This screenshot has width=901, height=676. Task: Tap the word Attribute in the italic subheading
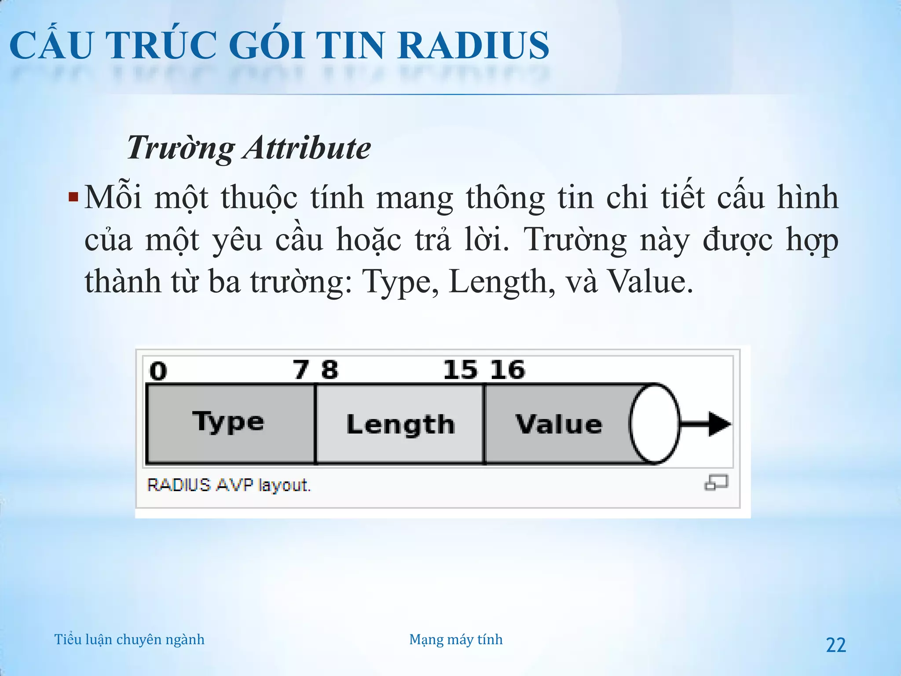pos(307,148)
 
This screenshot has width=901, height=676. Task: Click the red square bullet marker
pos(73,196)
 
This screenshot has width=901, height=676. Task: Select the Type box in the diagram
pos(230,423)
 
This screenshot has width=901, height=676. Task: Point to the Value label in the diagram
pos(559,424)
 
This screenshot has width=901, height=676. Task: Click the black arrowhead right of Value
pos(718,424)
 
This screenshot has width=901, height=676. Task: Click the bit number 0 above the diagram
pos(158,371)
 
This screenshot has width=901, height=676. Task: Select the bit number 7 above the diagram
pos(301,370)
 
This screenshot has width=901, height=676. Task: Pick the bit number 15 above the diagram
pos(460,370)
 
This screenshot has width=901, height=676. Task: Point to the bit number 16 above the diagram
pos(507,370)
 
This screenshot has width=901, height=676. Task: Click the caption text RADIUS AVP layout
pos(229,485)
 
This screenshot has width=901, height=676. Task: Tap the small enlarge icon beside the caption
pos(716,483)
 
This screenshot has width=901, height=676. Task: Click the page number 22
pos(836,645)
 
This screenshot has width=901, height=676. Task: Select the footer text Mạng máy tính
pos(456,639)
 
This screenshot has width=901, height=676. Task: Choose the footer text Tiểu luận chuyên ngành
pos(129,639)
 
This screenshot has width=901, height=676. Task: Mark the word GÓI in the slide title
pos(266,46)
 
